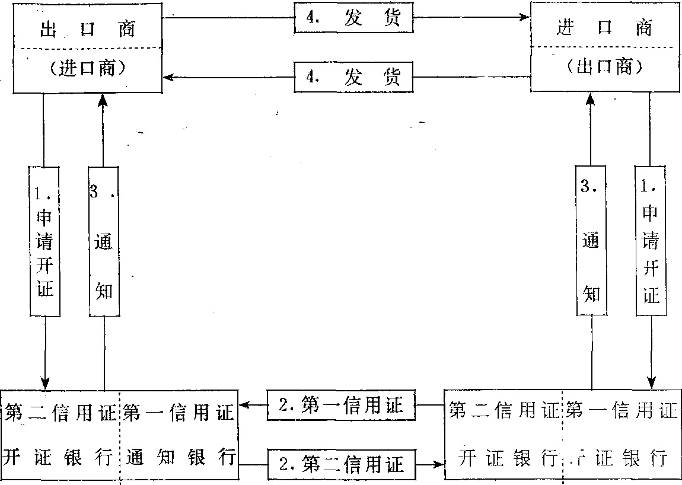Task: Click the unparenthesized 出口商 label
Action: pyautogui.click(x=87, y=30)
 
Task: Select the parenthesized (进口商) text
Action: pyautogui.click(x=87, y=68)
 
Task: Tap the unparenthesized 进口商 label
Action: pyautogui.click(x=604, y=28)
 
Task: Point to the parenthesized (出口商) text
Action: pyautogui.click(x=604, y=67)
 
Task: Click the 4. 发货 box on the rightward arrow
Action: pyautogui.click(x=353, y=18)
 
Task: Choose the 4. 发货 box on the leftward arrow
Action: pyautogui.click(x=353, y=76)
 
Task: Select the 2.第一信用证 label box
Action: pyautogui.click(x=340, y=405)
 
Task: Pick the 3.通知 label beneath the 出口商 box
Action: pyautogui.click(x=104, y=240)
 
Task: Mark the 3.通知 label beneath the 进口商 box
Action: pyautogui.click(x=591, y=240)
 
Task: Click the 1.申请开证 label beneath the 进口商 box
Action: pyautogui.click(x=651, y=240)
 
